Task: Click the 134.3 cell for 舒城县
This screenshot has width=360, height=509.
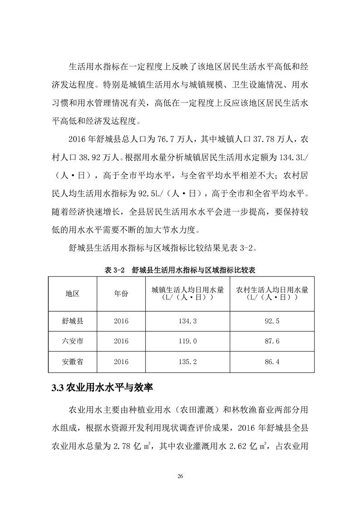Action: pyautogui.click(x=187, y=321)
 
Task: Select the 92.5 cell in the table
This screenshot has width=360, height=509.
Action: pyautogui.click(x=272, y=321)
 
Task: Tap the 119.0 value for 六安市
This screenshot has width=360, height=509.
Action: pyautogui.click(x=187, y=341)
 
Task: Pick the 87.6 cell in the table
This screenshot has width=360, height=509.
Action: pyautogui.click(x=272, y=341)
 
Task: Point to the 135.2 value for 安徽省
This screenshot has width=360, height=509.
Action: pyautogui.click(x=187, y=362)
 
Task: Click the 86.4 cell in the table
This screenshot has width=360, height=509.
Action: pyautogui.click(x=272, y=362)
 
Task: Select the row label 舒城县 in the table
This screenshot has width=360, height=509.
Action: pyautogui.click(x=73, y=321)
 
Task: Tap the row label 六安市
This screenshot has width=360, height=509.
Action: pyautogui.click(x=73, y=341)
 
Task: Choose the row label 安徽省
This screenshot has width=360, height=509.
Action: pyautogui.click(x=73, y=362)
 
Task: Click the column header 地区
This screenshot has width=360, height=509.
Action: pyautogui.click(x=73, y=294)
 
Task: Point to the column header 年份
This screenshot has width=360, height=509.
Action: pyautogui.click(x=121, y=294)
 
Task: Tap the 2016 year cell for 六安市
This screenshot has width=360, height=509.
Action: pyautogui.click(x=121, y=341)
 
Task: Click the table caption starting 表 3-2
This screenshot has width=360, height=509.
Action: pyautogui.click(x=180, y=269)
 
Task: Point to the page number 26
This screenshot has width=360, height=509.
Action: pyautogui.click(x=180, y=475)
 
